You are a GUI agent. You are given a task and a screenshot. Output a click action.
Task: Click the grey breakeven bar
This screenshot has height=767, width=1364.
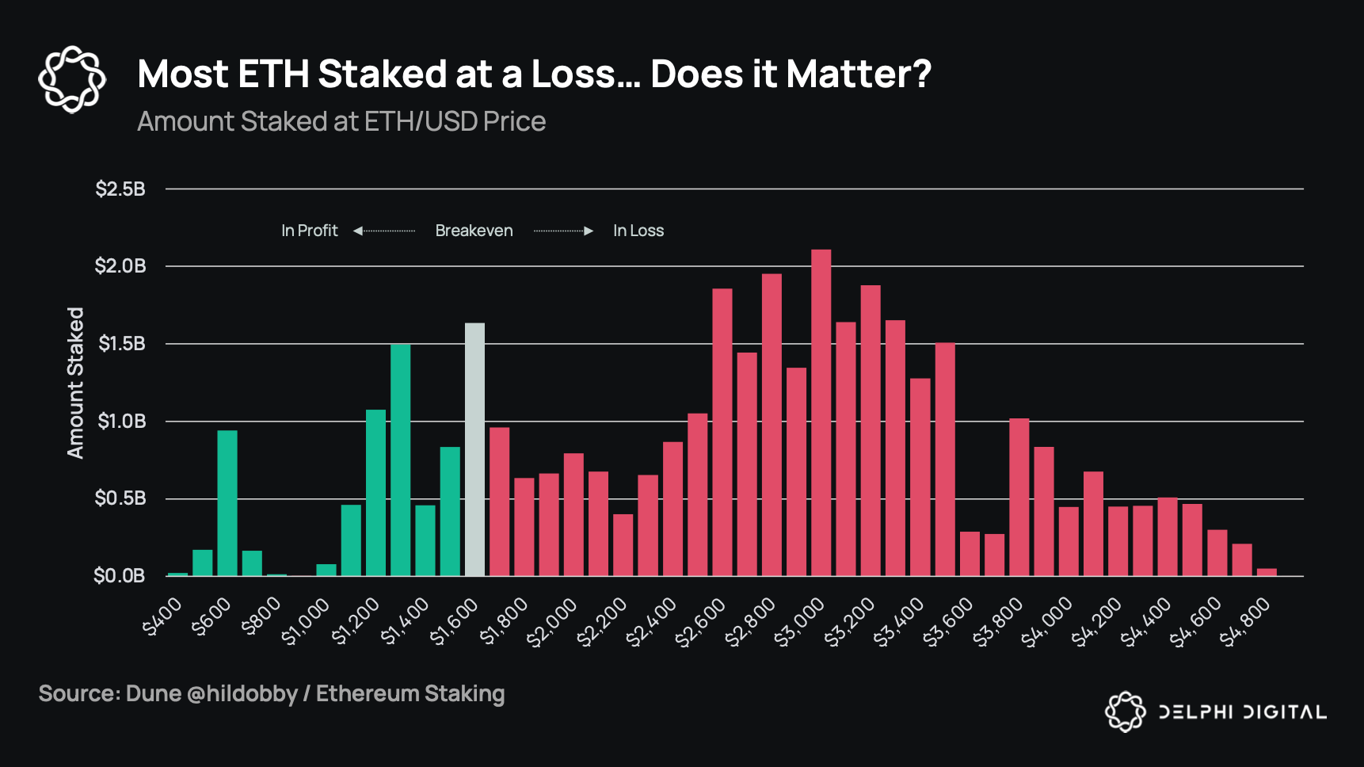(x=474, y=449)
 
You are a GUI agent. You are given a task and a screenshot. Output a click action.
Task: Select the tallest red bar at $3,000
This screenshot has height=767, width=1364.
(x=821, y=412)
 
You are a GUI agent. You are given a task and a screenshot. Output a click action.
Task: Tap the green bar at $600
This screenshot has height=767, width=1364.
(x=227, y=502)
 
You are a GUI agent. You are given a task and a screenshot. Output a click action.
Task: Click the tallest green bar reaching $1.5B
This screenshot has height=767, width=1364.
(x=400, y=460)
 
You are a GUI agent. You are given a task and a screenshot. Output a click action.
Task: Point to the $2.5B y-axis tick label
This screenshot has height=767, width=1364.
(x=120, y=189)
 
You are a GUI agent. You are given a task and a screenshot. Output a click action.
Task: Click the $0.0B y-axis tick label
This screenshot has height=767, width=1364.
(x=120, y=575)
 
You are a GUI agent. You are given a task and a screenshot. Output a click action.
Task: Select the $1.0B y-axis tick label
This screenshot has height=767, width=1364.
(x=121, y=421)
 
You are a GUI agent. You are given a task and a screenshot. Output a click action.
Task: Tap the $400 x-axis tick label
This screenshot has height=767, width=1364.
(x=163, y=617)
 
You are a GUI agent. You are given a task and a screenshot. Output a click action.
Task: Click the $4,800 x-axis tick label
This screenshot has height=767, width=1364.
(x=1246, y=622)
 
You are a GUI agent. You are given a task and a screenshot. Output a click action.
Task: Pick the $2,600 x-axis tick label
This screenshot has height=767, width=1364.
(x=701, y=622)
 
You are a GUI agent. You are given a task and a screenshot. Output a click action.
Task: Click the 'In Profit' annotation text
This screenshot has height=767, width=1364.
(x=309, y=231)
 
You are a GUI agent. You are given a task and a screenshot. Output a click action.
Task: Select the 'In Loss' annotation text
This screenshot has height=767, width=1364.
(x=638, y=231)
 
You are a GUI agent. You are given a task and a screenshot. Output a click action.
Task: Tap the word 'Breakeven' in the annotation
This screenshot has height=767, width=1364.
(x=474, y=231)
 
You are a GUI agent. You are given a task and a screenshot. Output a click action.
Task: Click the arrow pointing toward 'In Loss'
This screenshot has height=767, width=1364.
(x=564, y=231)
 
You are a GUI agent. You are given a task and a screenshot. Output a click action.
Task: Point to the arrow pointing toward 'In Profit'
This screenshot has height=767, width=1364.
(x=383, y=231)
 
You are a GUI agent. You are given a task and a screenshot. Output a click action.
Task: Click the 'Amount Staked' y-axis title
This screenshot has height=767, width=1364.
(x=75, y=383)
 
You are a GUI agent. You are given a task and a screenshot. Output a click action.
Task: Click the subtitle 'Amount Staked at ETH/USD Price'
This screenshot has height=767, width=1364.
(x=341, y=121)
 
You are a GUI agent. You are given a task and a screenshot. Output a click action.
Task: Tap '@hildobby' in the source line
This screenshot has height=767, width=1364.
(x=242, y=693)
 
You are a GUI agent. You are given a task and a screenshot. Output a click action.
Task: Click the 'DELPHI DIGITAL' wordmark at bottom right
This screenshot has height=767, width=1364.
(x=1242, y=712)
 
